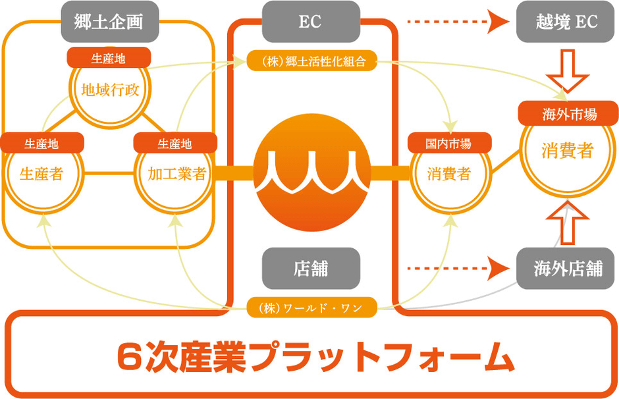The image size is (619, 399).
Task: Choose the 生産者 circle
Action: point(41,174)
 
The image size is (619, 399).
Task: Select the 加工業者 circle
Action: point(175,174)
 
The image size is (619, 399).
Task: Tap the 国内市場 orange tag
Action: point(448,142)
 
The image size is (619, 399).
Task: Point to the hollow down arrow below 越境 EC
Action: point(567,72)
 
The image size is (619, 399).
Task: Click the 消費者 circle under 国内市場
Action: point(448,174)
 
